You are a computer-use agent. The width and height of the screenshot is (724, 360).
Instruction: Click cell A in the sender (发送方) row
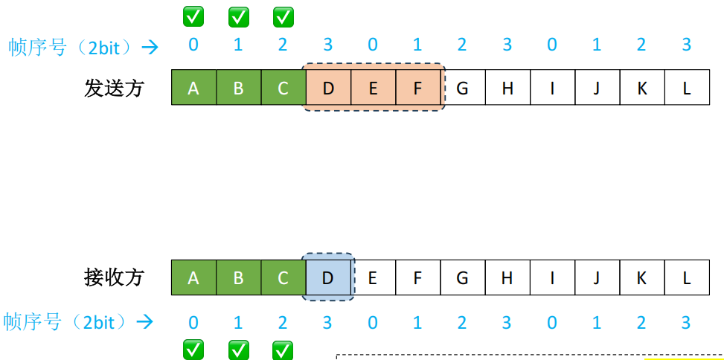click(193, 89)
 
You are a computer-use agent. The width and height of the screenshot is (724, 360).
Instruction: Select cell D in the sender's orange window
click(328, 89)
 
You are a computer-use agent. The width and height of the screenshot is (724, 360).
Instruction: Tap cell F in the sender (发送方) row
click(417, 89)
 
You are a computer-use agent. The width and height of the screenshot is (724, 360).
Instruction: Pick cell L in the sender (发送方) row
click(687, 89)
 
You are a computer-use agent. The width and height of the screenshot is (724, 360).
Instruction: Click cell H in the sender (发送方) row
click(507, 89)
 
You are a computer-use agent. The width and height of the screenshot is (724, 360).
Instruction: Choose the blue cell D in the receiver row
click(328, 278)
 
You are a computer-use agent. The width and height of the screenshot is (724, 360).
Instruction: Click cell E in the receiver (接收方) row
click(373, 278)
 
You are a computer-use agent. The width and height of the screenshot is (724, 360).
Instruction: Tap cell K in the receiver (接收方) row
click(641, 278)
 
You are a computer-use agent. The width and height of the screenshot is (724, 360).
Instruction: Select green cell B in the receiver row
click(238, 278)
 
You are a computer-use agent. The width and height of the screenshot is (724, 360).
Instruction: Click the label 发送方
click(113, 89)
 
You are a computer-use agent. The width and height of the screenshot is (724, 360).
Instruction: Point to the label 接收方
click(113, 278)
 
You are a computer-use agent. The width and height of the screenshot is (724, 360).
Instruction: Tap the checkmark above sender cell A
click(193, 16)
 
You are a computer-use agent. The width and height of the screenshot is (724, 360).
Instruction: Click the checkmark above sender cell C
click(283, 16)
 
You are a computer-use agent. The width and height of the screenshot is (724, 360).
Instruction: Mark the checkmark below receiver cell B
click(238, 349)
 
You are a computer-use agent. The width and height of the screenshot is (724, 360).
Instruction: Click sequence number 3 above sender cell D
click(328, 45)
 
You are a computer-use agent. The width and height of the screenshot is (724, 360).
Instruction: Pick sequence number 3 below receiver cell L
click(687, 322)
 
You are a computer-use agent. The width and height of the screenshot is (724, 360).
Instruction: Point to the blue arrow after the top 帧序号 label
click(151, 47)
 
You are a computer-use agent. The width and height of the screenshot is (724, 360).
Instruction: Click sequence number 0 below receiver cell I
click(552, 322)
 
